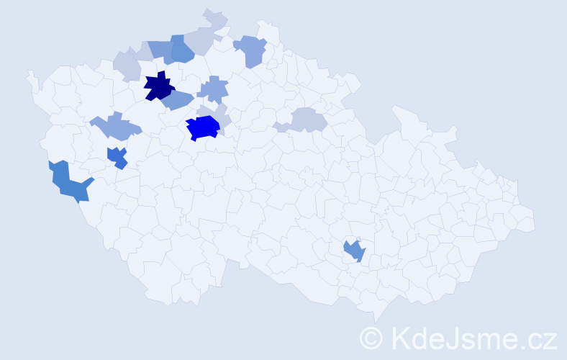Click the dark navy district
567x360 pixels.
click(158, 87)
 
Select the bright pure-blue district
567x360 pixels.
click(203, 127)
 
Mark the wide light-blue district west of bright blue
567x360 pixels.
click(116, 127)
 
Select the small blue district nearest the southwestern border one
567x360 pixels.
click(117, 156)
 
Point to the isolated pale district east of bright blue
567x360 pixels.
click(306, 120)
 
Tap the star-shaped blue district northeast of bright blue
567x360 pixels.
click(213, 89)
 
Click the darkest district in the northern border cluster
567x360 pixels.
click(182, 51)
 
